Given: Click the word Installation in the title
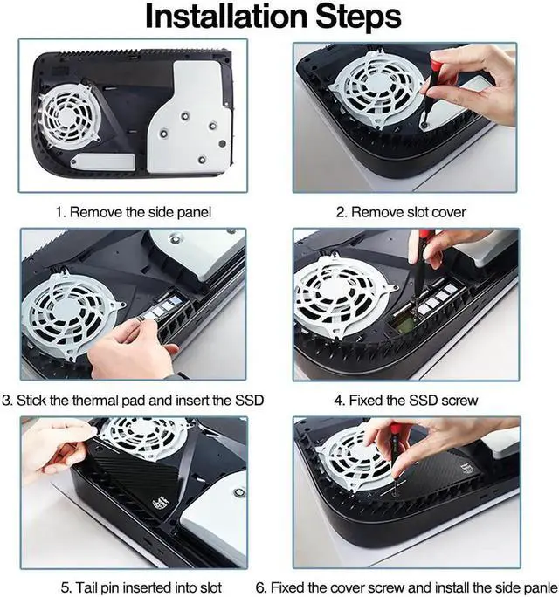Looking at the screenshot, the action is click(226, 17).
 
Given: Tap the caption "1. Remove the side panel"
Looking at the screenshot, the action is click(133, 212).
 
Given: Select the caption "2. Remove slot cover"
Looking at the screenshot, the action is click(401, 212).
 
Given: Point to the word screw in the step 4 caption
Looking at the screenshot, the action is click(459, 401).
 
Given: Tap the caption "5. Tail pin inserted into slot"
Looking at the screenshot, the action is click(141, 587).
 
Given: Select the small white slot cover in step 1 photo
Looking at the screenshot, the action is click(103, 162).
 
